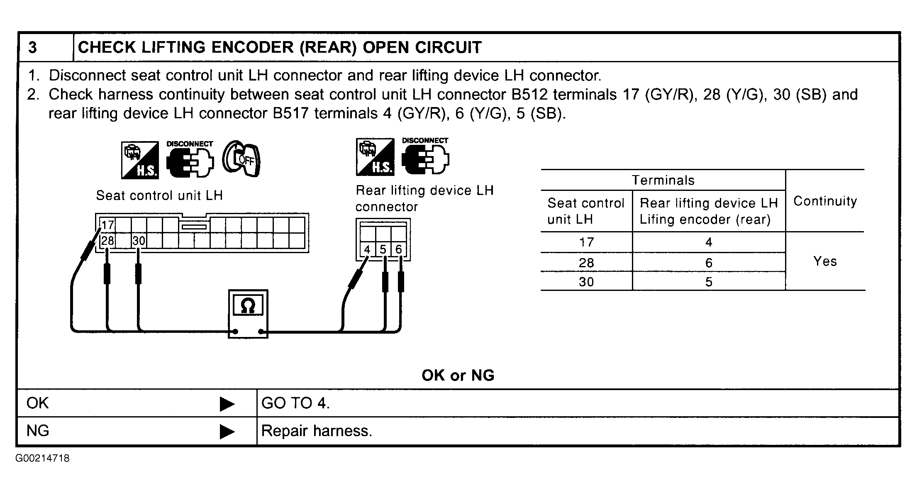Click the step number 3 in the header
[32, 48]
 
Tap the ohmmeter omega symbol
[248, 306]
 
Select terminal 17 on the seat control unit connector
[107, 225]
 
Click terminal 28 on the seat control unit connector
[107, 241]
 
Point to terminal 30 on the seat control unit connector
[139, 241]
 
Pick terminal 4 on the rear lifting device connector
[367, 249]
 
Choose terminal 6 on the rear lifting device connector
[398, 249]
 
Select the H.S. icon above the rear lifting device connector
[375, 157]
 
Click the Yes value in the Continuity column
[825, 261]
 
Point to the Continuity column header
[825, 201]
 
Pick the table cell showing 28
[586, 263]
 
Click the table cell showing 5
[709, 282]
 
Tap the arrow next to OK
[227, 404]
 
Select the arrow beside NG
[227, 432]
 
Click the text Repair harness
[317, 431]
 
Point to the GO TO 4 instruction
[295, 403]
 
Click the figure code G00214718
[43, 459]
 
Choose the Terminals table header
[663, 180]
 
